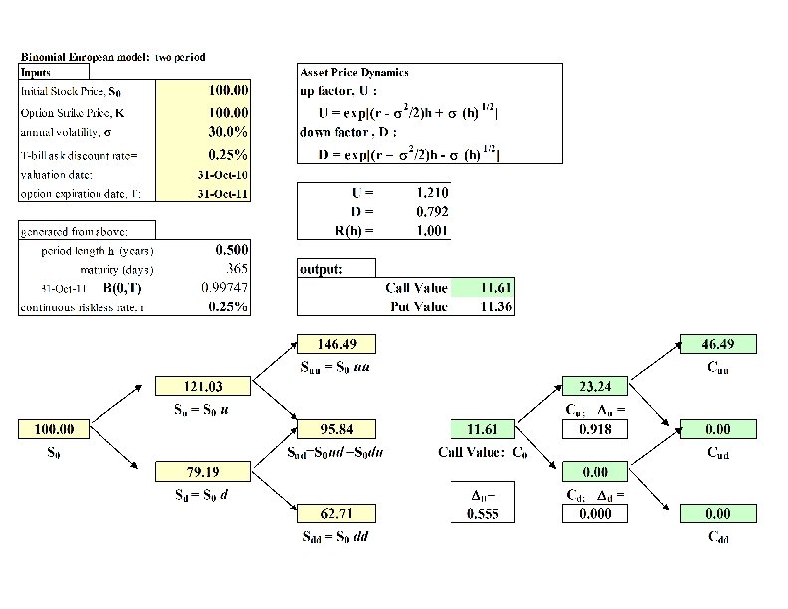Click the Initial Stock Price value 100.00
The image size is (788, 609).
pos(228,90)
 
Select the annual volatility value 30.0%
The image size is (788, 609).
pos(228,131)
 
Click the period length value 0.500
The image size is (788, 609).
pos(231,250)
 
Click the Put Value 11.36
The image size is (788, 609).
pos(495,306)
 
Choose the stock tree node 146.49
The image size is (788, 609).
pos(337,344)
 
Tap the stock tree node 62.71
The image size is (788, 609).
pos(337,513)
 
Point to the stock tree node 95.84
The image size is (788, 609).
pos(337,429)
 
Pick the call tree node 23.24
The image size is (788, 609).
pos(595,386)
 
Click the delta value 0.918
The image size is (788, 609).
pos(595,429)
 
